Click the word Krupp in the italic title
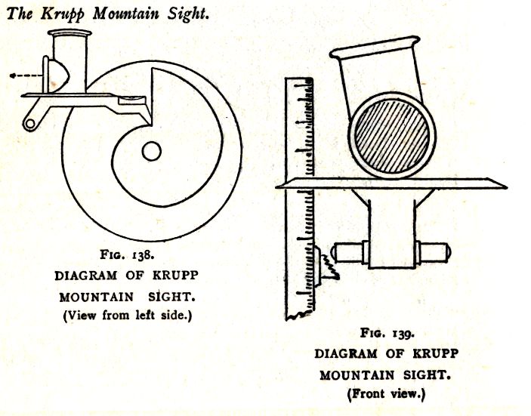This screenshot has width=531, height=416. pyautogui.click(x=63, y=14)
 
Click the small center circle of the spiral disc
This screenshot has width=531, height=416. pyautogui.click(x=151, y=151)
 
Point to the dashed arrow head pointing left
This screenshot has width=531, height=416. pyautogui.click(x=13, y=75)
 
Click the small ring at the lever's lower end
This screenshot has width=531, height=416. pyautogui.click(x=29, y=125)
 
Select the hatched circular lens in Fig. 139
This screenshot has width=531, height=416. pyautogui.click(x=392, y=136)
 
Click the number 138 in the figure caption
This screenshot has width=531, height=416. pyautogui.click(x=144, y=255)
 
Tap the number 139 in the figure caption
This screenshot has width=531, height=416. pyautogui.click(x=403, y=334)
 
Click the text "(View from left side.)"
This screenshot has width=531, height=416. pyautogui.click(x=128, y=316)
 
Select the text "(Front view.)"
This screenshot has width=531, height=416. pyautogui.click(x=386, y=394)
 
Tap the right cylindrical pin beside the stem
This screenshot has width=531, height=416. pyautogui.click(x=433, y=252)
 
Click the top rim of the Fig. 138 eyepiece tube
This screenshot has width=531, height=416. pyautogui.click(x=69, y=32)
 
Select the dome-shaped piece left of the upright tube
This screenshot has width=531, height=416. pyautogui.click(x=58, y=75)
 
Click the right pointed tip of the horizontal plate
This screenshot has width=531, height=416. pyautogui.click(x=507, y=186)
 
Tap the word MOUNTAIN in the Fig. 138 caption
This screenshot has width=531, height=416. pyautogui.click(x=97, y=297)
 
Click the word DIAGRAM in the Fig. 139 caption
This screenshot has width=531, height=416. pyautogui.click(x=345, y=354)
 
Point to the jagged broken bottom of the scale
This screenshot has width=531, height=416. pyautogui.click(x=300, y=315)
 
